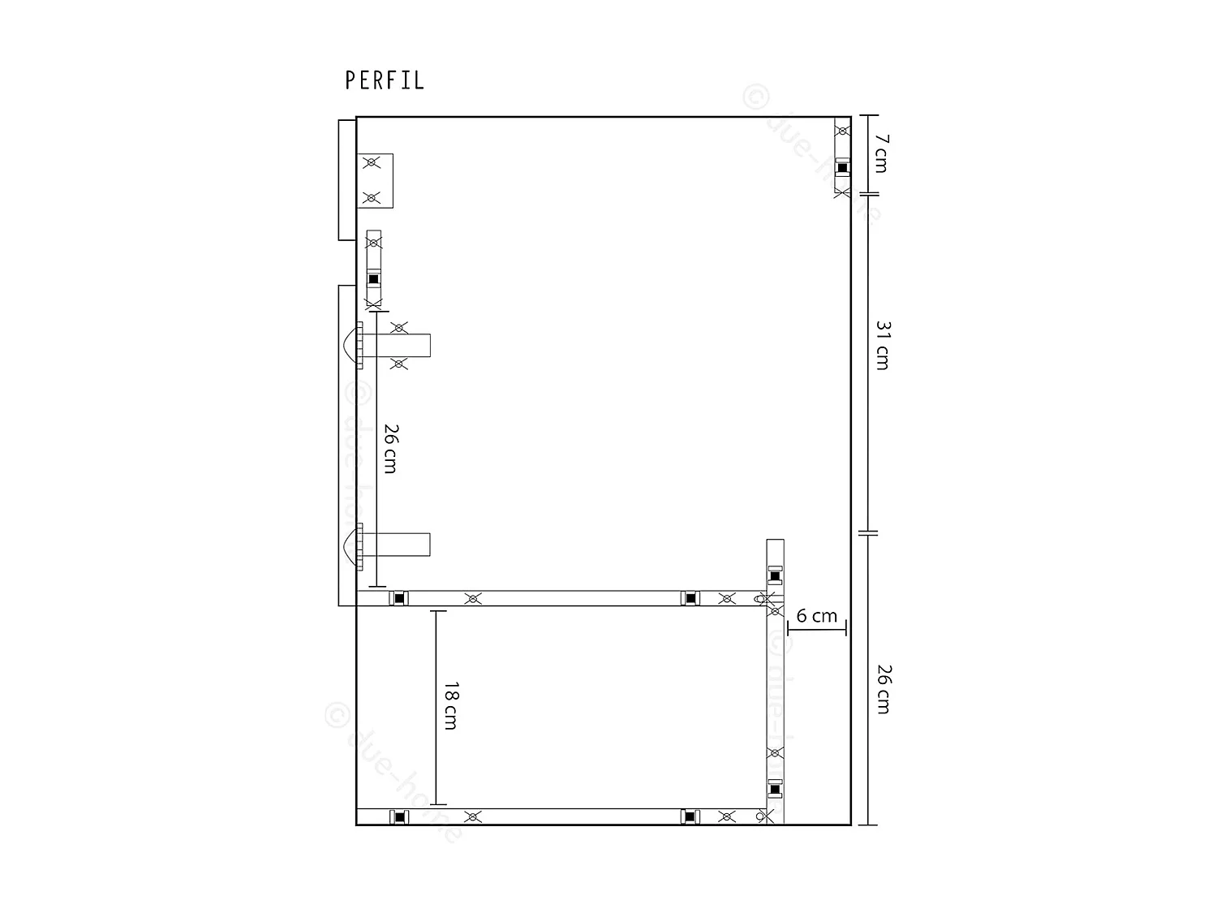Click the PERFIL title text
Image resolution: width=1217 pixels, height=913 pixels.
[385, 80]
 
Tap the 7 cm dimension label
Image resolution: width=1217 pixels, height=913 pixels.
[881, 153]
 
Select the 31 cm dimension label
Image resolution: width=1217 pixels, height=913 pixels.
[883, 346]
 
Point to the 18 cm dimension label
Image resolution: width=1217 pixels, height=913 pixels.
[450, 705]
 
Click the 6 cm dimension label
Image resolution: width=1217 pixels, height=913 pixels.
[816, 616]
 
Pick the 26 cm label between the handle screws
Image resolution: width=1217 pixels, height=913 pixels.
[390, 448]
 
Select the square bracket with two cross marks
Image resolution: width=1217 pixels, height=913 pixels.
[375, 180]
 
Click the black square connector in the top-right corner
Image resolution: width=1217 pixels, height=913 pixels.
[842, 168]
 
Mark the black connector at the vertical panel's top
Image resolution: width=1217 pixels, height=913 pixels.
[775, 576]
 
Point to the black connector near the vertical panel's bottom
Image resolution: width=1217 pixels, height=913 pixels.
[775, 789]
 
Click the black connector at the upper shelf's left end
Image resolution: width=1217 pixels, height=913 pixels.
[398, 598]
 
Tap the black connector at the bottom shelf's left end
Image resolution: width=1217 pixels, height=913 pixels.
[398, 816]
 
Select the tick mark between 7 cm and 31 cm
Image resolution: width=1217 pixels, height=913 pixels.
[868, 195]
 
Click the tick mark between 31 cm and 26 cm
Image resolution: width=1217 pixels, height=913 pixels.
[868, 533]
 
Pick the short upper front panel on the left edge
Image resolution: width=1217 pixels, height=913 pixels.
[347, 180]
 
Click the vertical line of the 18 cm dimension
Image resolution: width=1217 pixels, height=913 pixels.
[436, 707]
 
